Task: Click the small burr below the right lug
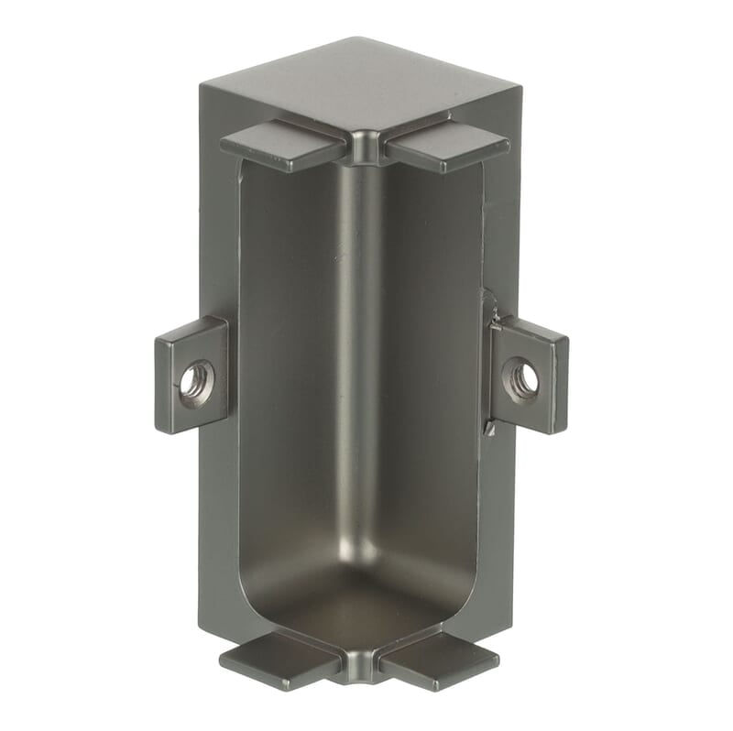pyautogui.click(x=493, y=428)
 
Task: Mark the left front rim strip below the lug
pyautogui.click(x=220, y=531)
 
